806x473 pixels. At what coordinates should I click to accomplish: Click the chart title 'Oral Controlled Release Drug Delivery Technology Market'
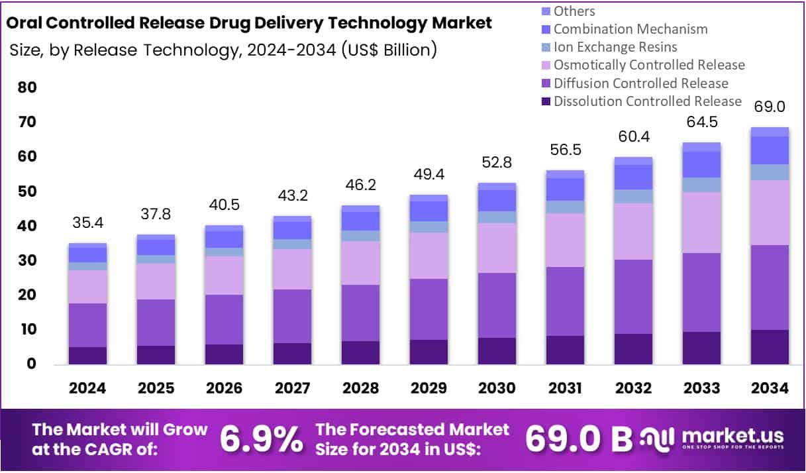(248, 23)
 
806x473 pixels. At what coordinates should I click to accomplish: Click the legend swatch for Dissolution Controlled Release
(546, 101)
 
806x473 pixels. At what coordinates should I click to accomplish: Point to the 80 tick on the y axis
(27, 88)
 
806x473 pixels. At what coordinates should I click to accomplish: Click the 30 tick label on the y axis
(27, 261)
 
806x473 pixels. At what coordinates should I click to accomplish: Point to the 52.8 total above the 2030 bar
(497, 162)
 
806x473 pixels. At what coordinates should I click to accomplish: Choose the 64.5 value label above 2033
(701, 122)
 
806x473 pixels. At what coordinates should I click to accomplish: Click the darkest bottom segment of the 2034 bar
(769, 347)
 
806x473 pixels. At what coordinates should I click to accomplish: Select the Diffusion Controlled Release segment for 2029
(428, 309)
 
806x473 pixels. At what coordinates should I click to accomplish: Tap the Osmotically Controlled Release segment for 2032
(633, 231)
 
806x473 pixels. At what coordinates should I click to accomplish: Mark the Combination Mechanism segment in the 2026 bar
(224, 239)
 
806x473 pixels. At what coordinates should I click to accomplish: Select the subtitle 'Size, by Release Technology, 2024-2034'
(223, 50)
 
